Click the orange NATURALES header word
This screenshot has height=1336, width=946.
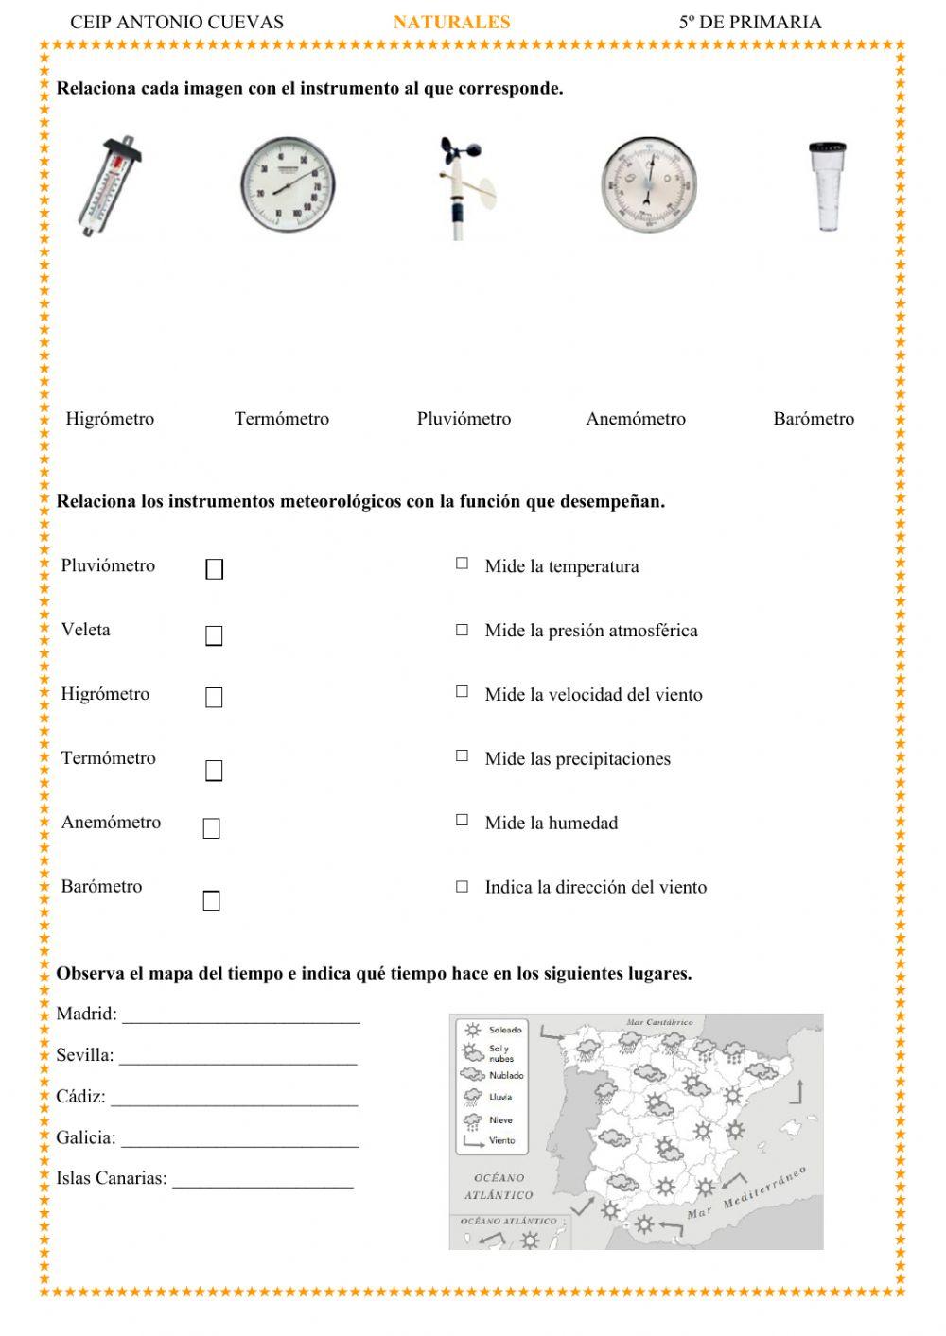(451, 22)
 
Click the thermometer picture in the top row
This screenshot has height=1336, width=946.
(111, 186)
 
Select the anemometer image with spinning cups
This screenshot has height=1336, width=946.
(464, 187)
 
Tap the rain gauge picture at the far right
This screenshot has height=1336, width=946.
(827, 185)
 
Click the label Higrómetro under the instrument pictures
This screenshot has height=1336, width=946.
(110, 419)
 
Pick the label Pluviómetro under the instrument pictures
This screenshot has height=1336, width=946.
(464, 419)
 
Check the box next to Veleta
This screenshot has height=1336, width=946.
(215, 636)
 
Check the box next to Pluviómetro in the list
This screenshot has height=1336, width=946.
(215, 569)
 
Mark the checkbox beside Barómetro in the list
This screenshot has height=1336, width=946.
(212, 901)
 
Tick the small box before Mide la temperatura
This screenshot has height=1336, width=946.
(462, 564)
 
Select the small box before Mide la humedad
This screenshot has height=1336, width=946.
(462, 820)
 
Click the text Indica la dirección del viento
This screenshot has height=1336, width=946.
(595, 887)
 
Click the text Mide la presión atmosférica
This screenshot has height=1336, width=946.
(591, 631)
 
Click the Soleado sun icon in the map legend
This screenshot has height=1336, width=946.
(472, 1030)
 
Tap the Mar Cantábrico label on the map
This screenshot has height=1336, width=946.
(659, 1022)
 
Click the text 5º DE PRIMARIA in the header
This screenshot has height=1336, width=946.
(749, 22)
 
